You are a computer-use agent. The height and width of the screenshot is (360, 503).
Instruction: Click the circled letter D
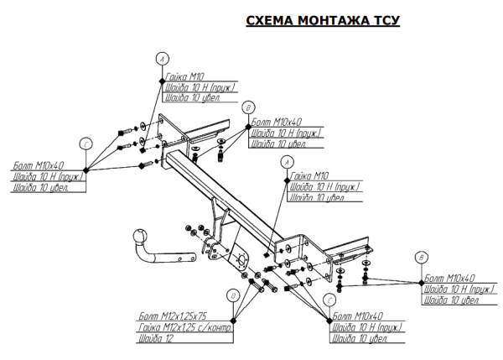[232, 295]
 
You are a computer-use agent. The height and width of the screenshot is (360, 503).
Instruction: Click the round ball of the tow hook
[138, 237]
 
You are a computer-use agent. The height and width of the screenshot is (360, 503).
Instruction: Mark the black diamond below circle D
[238, 320]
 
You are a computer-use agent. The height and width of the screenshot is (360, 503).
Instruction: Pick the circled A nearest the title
[162, 59]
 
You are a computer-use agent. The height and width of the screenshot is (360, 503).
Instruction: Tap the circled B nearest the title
[247, 108]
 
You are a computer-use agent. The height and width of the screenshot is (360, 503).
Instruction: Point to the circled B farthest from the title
[422, 258]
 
